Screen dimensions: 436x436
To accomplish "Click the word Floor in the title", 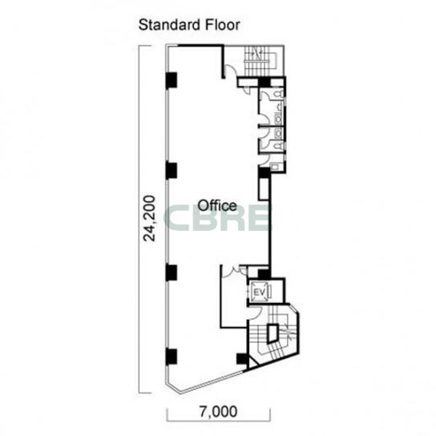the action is [x=223, y=25].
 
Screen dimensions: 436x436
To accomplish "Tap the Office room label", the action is [x=217, y=206].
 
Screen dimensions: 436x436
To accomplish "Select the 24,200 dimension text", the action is [x=149, y=218].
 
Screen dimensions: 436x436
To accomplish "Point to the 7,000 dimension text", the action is [x=218, y=411].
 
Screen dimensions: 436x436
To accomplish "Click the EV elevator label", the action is [x=259, y=293].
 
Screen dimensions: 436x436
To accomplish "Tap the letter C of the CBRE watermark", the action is [x=177, y=217].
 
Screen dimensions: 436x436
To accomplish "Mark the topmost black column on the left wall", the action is [x=172, y=80].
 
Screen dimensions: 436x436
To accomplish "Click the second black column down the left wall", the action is [x=172, y=170].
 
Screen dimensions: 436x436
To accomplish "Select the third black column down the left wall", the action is [x=172, y=272].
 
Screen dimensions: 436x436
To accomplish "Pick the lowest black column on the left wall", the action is [x=172, y=357].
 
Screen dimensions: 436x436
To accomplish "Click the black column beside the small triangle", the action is [x=243, y=359].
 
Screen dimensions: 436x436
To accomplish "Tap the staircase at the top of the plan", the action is [x=257, y=61].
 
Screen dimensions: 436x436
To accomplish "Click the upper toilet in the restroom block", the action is [x=278, y=95].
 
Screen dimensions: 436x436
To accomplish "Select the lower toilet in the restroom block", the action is [x=278, y=145].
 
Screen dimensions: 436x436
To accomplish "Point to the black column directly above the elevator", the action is [x=264, y=273].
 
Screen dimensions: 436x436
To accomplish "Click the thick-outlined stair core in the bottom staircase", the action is [x=272, y=333].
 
